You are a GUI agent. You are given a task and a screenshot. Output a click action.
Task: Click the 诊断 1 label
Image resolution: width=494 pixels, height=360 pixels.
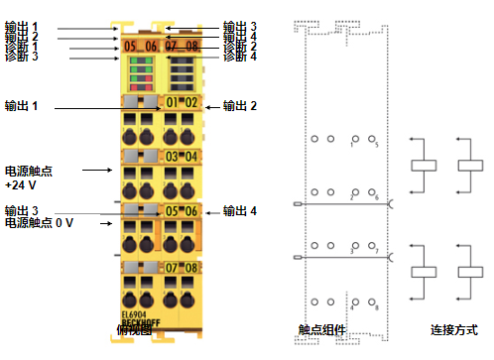pos(22,47)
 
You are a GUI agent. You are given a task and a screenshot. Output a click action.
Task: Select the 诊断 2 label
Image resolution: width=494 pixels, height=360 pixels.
pos(240,47)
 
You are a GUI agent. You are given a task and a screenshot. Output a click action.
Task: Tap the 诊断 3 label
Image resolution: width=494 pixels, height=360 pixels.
pos(22,58)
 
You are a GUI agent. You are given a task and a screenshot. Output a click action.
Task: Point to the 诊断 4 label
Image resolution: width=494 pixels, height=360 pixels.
pos(240,58)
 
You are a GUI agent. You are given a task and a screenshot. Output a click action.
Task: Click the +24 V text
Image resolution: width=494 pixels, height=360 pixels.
pos(21,184)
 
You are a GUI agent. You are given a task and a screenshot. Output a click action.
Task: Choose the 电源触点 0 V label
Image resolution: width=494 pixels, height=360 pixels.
pos(39,223)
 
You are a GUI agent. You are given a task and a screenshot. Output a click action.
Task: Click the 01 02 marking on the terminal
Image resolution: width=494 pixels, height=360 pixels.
pos(182,102)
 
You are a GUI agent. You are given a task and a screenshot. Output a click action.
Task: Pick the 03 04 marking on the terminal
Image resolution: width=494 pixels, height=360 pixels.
pos(182,156)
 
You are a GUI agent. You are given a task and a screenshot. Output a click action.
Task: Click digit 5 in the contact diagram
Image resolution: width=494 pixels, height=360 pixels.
pos(377,146)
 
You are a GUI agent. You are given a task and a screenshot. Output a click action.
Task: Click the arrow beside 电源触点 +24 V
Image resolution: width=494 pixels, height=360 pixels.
pos(96,170)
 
